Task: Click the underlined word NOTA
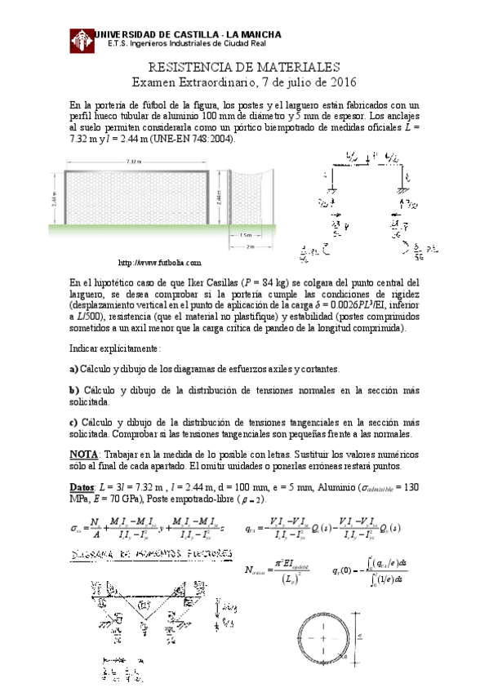tap(84, 454)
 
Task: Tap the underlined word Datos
tap(83, 486)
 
